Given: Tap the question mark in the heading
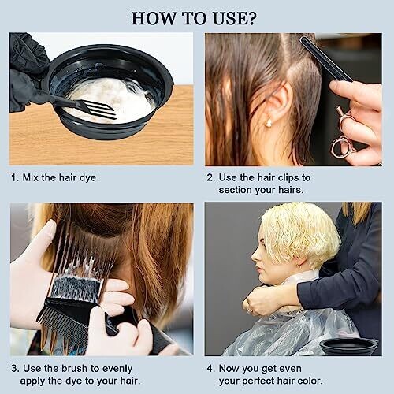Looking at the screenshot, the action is click(x=251, y=18).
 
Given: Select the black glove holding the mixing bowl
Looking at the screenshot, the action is click(x=25, y=71).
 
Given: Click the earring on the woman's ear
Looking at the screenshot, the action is click(x=269, y=123).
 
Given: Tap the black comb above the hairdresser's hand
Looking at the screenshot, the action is click(x=325, y=58).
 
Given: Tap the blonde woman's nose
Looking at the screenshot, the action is click(x=255, y=256).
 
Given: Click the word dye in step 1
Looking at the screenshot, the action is click(x=87, y=178).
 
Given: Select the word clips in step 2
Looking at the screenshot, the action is click(x=287, y=177).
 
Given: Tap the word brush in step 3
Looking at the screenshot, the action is click(x=76, y=368).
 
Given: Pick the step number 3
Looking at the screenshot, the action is click(x=15, y=368).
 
